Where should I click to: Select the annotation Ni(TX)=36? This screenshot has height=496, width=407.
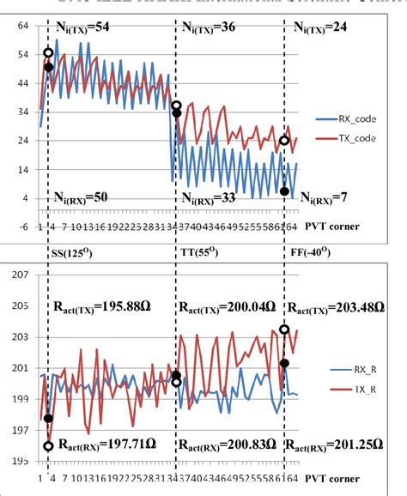point(220,28)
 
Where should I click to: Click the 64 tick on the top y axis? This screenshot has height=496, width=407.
point(22,27)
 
